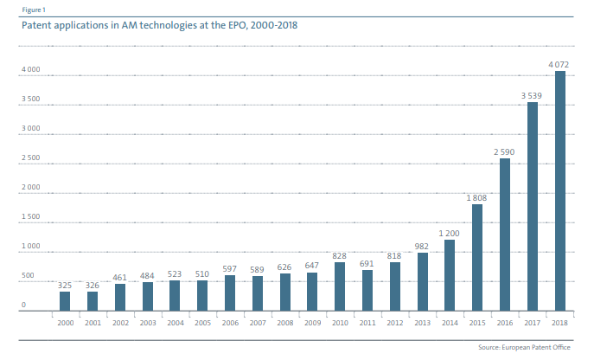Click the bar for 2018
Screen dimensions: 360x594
point(559,190)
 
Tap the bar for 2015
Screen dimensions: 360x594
point(476,257)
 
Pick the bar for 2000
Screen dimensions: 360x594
point(65,300)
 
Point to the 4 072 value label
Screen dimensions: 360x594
point(559,63)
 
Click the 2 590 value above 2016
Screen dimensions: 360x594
point(505,151)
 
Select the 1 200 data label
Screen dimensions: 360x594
point(450,233)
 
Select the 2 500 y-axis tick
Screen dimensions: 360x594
point(29,158)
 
